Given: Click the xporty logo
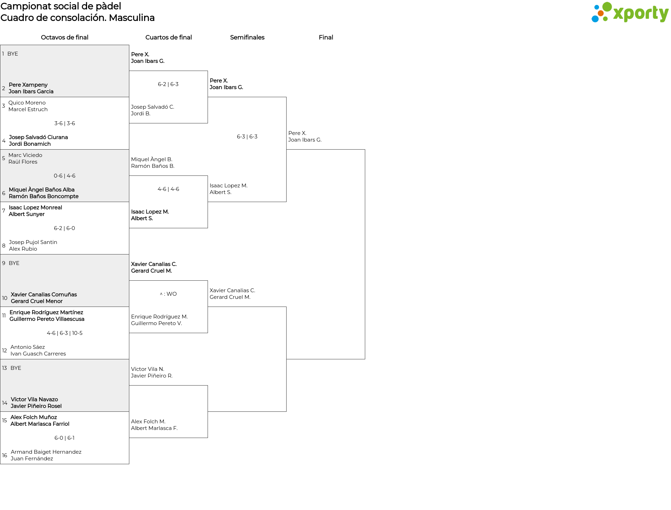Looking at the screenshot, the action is click(x=630, y=13).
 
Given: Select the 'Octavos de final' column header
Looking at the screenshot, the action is click(x=65, y=37).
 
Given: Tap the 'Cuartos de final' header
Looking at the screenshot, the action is click(x=168, y=37).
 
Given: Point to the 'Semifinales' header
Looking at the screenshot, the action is click(x=247, y=37).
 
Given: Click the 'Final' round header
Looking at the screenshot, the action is click(x=326, y=37).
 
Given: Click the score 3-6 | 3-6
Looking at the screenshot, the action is click(x=65, y=123).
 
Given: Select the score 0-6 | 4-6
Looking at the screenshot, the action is click(x=65, y=176).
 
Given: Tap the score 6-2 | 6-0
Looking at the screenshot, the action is click(x=65, y=228).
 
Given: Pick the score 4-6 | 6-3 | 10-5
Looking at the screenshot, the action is click(x=65, y=333).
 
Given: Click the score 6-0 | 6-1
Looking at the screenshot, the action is click(x=65, y=438).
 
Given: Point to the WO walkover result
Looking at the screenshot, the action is click(x=168, y=294).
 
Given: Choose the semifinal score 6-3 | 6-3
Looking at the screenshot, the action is click(x=247, y=137).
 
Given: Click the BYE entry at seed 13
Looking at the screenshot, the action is click(x=16, y=368).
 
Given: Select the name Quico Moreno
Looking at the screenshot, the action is click(x=27, y=103).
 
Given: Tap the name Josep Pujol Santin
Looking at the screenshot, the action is click(x=33, y=242).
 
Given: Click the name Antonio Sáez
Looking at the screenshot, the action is click(x=28, y=347).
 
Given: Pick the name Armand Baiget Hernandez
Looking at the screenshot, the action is click(x=46, y=452).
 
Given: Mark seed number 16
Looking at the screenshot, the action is click(x=5, y=455).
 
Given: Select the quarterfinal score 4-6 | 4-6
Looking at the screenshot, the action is click(x=168, y=189).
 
